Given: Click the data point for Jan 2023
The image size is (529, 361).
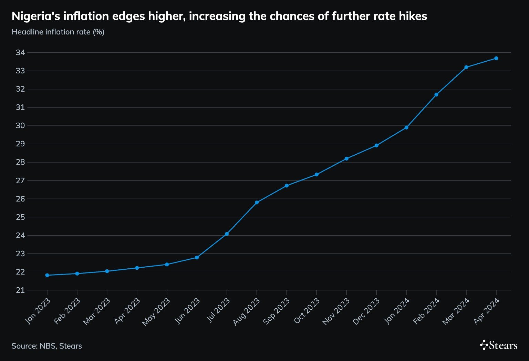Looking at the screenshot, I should pos(47,275).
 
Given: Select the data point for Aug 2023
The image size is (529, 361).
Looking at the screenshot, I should pos(257,203).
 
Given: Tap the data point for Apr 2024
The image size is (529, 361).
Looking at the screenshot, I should pos(496,58).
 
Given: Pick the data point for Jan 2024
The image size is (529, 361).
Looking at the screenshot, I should pos(406,127).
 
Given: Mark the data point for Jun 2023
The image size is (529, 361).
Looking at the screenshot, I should pos(197,257).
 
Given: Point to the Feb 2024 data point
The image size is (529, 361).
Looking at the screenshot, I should pos(436,95).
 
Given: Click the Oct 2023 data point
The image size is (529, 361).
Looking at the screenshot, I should pos(317,175).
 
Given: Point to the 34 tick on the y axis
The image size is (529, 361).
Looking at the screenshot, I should pos(20,53).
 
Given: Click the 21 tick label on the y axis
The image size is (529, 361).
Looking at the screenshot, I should pos(20,290).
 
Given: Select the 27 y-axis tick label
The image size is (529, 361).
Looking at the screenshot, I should pos(20,180).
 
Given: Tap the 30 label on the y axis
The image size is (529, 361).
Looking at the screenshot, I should pos(20,126).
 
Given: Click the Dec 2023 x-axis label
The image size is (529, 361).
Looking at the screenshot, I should pos(366,311).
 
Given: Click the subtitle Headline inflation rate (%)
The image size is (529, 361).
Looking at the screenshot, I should pos(58,32).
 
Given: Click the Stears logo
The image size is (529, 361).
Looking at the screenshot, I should pos(499,345).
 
